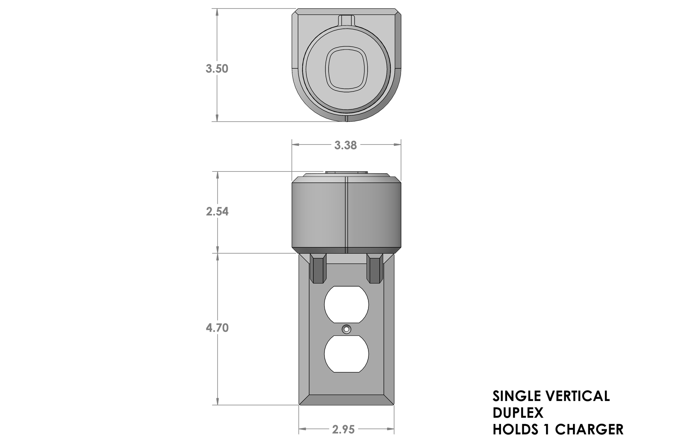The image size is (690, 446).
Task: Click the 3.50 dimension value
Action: (217, 68)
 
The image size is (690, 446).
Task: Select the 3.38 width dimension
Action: (345, 145)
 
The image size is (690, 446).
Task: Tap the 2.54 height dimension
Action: (217, 211)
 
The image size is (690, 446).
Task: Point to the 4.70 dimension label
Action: (217, 328)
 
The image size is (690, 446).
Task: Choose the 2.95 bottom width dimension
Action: (343, 430)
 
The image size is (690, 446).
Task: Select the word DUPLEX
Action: (518, 413)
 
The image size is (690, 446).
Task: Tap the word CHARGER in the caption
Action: (589, 429)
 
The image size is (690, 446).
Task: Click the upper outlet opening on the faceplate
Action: (346, 304)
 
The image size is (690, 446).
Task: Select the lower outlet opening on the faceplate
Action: (346, 354)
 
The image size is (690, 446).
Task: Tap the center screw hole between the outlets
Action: (346, 329)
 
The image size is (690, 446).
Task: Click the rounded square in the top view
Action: (346, 69)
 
